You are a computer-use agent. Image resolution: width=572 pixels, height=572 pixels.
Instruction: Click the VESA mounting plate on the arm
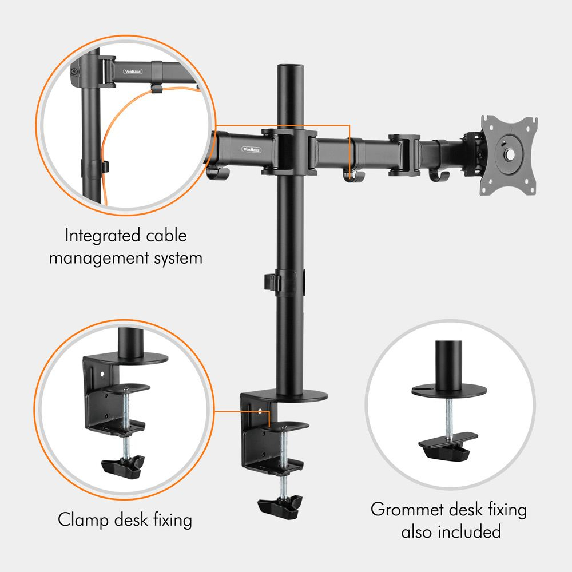coord(509,154)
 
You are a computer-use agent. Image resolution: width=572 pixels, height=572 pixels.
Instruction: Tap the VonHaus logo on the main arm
coord(251,149)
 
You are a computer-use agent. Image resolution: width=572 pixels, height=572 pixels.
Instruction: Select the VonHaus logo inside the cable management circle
coord(133,71)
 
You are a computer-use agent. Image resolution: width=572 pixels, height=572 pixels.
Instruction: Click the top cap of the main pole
coord(291,68)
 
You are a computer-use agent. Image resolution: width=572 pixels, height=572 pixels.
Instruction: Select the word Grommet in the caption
coord(407,509)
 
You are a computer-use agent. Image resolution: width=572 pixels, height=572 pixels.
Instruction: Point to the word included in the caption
coord(470,531)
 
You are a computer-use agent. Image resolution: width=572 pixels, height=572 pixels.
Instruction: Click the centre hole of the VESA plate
coord(509,155)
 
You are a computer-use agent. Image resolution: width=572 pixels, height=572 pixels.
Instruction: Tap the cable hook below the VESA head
coord(439,176)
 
